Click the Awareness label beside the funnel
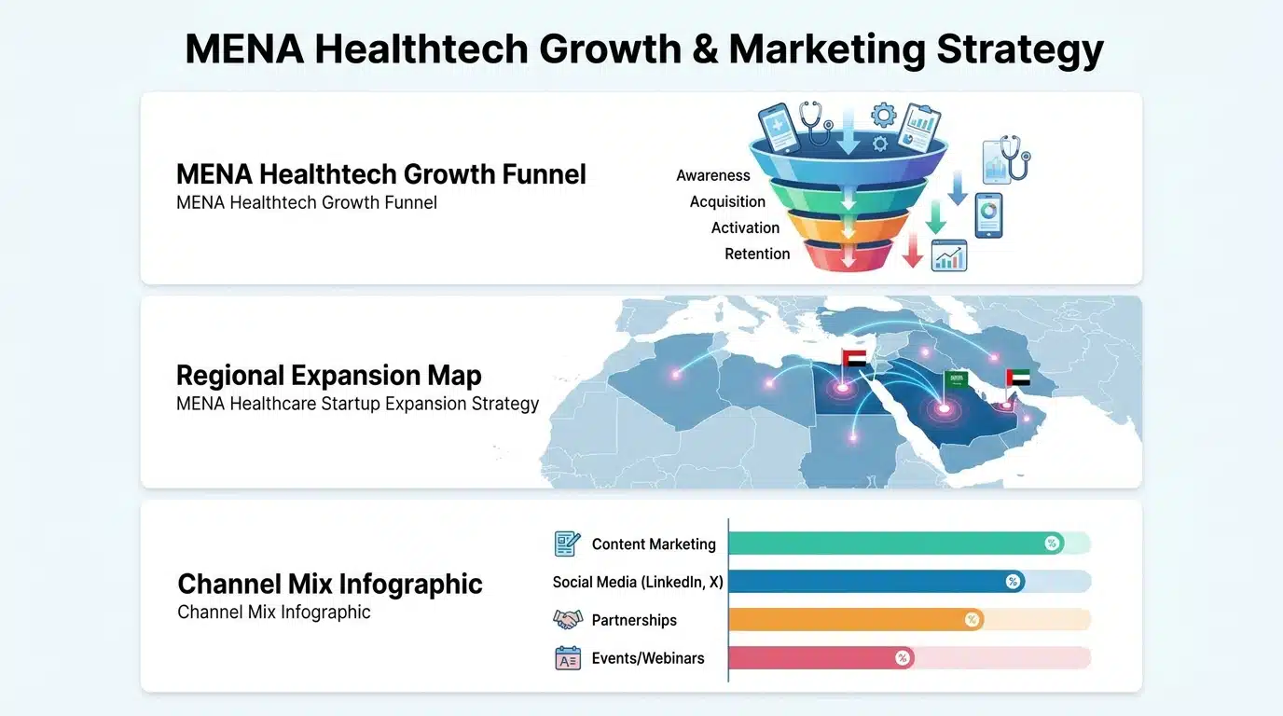click(x=713, y=175)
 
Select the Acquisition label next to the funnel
click(x=727, y=201)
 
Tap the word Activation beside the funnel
click(x=745, y=227)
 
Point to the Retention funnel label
click(x=757, y=254)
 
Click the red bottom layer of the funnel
click(x=848, y=255)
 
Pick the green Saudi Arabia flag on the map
click(x=957, y=379)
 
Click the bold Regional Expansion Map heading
click(x=328, y=376)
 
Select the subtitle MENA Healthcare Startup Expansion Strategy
click(x=357, y=404)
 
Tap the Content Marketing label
click(x=654, y=544)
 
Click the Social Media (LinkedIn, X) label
click(x=638, y=582)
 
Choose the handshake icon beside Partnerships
click(x=567, y=619)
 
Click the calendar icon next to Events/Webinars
click(x=567, y=658)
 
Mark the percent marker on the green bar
click(x=1052, y=544)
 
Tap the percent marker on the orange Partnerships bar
click(x=972, y=620)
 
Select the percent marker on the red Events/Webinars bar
click(x=902, y=658)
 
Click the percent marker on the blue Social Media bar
click(x=1013, y=582)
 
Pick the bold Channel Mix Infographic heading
click(x=330, y=584)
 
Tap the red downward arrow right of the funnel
click(x=913, y=252)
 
